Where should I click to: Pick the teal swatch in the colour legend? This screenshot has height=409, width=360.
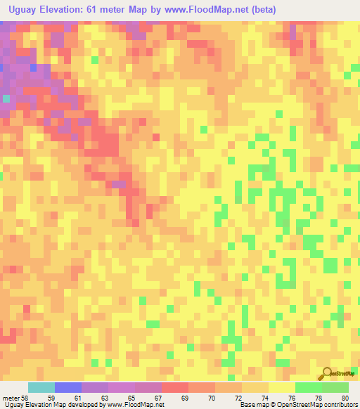(x=41, y=387)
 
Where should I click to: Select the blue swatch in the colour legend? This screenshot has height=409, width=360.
(x=68, y=387)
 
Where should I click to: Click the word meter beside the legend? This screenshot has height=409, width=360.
(x=10, y=398)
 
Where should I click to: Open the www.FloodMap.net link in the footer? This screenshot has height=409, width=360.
(x=138, y=405)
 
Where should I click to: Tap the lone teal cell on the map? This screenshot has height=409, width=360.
(x=6, y=98)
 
